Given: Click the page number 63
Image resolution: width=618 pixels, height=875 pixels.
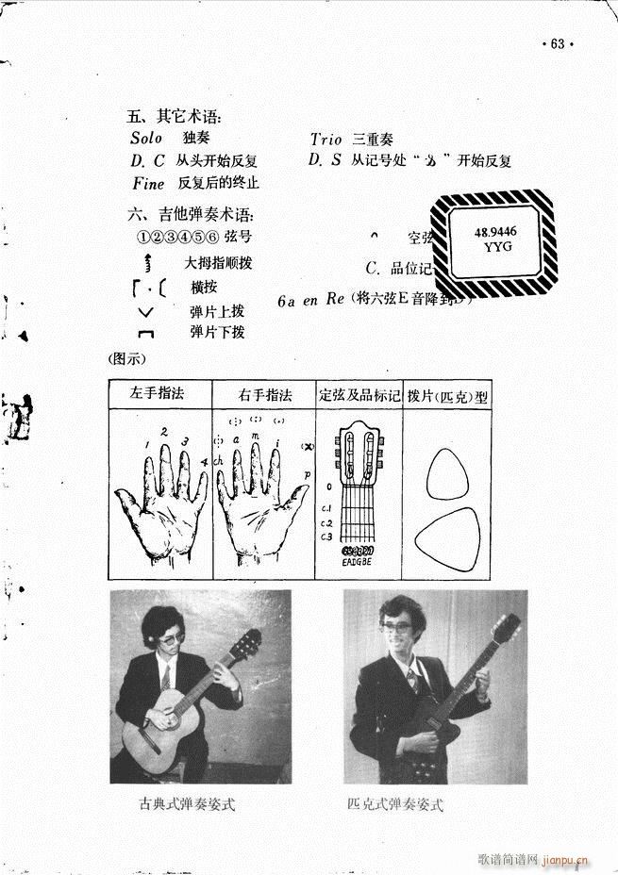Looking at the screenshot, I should (556, 44).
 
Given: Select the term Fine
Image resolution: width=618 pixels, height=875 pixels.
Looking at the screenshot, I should (148, 183).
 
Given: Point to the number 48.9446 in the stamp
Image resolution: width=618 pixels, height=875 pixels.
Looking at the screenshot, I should (495, 231).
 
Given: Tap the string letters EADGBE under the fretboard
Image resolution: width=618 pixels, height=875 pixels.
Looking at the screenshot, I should (359, 563).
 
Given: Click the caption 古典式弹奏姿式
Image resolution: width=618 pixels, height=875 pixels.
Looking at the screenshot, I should (185, 804).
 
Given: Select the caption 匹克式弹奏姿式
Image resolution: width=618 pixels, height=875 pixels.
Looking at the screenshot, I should (394, 804).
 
